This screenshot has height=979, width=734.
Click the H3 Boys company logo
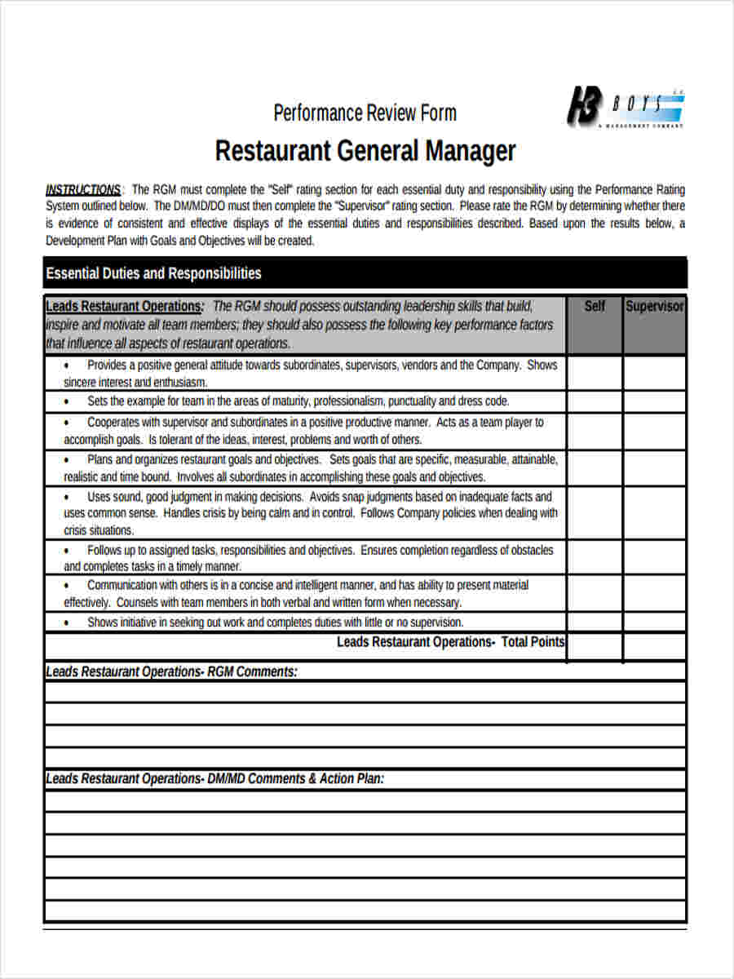click(x=626, y=107)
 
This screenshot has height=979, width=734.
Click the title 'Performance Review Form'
click(x=365, y=113)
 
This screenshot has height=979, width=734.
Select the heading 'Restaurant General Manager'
click(x=365, y=151)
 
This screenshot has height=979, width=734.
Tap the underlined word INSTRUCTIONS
click(x=83, y=189)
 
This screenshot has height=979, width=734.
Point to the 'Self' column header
click(x=595, y=307)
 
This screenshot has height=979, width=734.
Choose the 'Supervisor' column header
click(x=655, y=307)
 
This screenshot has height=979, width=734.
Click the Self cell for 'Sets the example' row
click(x=595, y=401)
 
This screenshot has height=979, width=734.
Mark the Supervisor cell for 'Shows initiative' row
click(x=655, y=622)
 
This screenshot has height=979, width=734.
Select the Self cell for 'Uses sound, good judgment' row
click(x=595, y=513)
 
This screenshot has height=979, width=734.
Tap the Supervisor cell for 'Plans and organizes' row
click(x=655, y=468)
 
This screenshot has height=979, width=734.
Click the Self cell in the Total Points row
click(x=595, y=645)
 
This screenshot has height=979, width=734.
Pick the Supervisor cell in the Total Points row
click(x=655, y=645)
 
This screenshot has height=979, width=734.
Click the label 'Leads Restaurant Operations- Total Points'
click(x=450, y=642)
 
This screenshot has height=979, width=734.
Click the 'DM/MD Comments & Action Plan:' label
click(x=295, y=779)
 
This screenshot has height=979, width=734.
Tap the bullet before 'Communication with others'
click(x=66, y=586)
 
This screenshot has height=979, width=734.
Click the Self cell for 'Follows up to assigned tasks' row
click(x=595, y=557)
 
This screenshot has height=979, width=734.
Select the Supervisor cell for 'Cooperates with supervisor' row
click(x=655, y=431)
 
